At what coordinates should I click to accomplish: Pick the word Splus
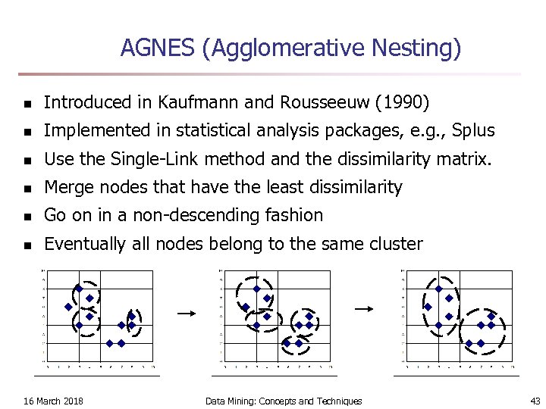[472, 130]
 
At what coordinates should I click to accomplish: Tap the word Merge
[66, 187]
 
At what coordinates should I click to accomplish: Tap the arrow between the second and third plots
[365, 308]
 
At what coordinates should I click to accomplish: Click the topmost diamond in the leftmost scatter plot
[78, 289]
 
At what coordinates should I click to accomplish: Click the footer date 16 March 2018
[54, 401]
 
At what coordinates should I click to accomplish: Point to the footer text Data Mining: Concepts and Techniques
[284, 401]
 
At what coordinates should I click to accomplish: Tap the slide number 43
[535, 401]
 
